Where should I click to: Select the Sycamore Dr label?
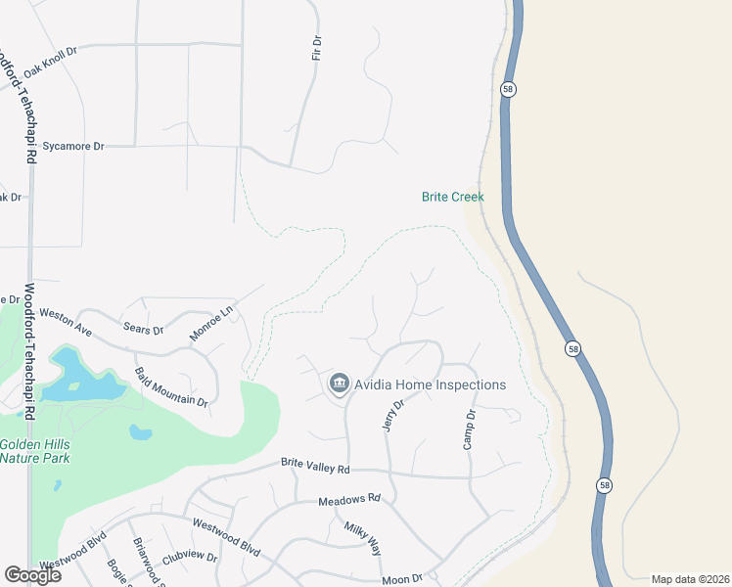pyautogui.click(x=72, y=147)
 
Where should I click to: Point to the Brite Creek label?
pyautogui.click(x=453, y=197)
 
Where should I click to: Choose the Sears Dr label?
pyautogui.click(x=143, y=329)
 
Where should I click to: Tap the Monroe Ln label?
pyautogui.click(x=212, y=323)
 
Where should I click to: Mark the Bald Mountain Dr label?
pyautogui.click(x=171, y=388)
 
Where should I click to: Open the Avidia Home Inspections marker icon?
pyautogui.click(x=340, y=384)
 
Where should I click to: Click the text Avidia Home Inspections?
pyautogui.click(x=431, y=384)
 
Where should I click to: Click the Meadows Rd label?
pyautogui.click(x=348, y=500)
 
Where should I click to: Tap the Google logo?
pyautogui.click(x=32, y=575)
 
